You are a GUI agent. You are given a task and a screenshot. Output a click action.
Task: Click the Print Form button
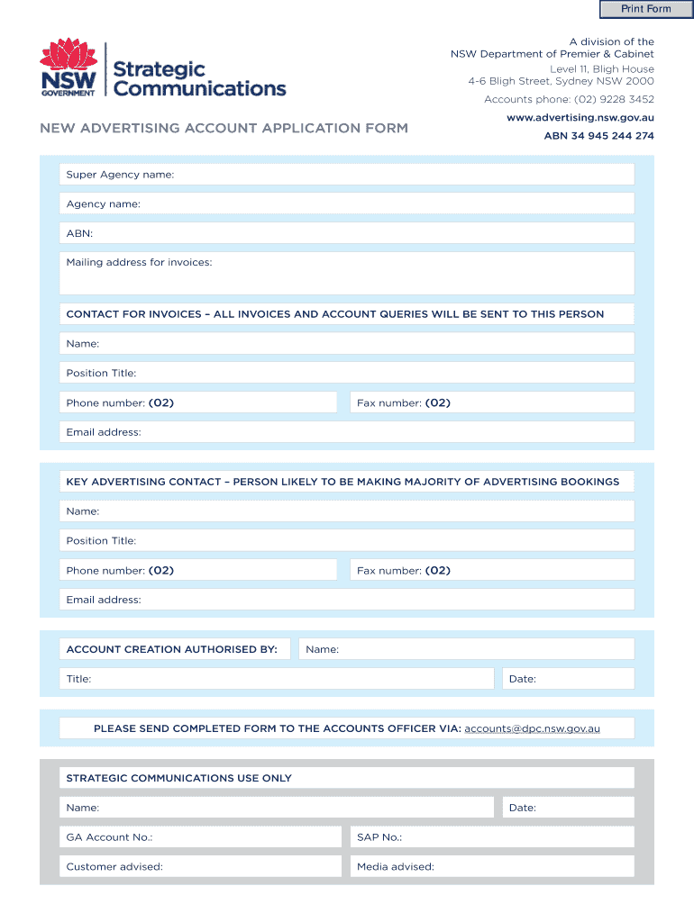pos(646,9)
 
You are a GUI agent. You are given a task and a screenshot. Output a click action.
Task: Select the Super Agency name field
pos(347,175)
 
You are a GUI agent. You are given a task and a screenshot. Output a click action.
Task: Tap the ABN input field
pos(347,233)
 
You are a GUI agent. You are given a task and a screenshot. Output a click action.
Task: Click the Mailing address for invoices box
pos(347,273)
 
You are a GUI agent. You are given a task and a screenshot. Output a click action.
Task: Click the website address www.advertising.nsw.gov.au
pos(580,118)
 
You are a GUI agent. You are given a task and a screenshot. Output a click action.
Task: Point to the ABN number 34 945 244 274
pos(598,136)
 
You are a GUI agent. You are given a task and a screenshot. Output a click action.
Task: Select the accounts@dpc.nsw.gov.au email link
pos(532,728)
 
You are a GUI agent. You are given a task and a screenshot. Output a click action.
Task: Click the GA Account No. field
pos(201,837)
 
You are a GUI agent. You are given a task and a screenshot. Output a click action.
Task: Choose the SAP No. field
pos(492,837)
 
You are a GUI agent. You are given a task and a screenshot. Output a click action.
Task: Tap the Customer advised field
pos(201,867)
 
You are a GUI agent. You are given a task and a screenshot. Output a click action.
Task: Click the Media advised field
pos(492,867)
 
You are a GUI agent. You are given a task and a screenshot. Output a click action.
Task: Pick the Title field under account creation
pos(277,679)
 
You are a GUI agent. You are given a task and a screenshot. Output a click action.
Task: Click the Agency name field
pos(347,204)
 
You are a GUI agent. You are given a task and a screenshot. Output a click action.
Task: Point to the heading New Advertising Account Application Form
pos(224,128)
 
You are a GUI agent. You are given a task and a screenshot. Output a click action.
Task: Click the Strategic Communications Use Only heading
pos(178,778)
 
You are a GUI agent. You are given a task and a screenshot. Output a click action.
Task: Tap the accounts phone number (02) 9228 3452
pos(569,99)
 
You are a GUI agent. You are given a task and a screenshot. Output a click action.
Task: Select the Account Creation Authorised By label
pos(172,649)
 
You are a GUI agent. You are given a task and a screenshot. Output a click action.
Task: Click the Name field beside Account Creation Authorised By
pos(467,649)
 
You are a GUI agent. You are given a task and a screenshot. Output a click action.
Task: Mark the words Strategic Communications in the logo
pos(200,79)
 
